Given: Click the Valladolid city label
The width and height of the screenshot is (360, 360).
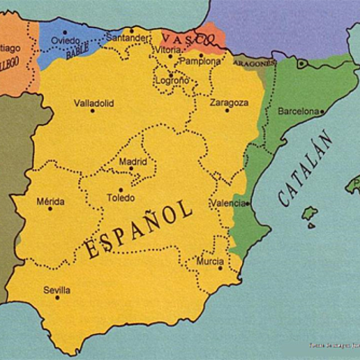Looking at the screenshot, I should (94, 103).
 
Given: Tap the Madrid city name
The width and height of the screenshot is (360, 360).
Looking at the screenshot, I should (132, 161).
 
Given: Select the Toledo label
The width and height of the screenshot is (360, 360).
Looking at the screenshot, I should (121, 198).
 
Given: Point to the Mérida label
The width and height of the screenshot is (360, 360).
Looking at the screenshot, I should (50, 202).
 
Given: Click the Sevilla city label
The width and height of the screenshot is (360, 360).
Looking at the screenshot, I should (57, 290).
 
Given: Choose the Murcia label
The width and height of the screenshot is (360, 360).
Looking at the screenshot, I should (210, 261).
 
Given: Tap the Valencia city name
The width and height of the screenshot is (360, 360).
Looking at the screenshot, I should (228, 203).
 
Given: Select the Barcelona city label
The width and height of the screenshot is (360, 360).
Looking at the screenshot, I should (300, 112).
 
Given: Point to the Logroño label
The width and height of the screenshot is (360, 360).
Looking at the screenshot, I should (172, 80).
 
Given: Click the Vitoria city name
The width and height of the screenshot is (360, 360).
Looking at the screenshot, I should (167, 50).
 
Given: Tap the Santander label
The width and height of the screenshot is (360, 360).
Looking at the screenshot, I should (127, 39).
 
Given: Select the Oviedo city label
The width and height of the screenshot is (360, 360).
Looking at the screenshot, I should (66, 40).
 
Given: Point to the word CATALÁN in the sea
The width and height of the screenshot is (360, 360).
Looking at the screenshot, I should (305, 169).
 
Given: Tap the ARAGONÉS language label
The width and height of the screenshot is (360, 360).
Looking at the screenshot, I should (253, 65).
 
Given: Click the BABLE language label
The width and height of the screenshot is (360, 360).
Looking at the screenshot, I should (77, 53).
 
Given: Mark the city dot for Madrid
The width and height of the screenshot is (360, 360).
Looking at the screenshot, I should (131, 169).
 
